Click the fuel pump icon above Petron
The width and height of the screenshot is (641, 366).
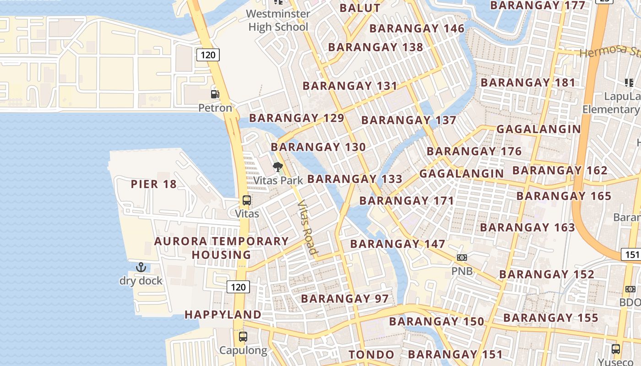pos(215,94)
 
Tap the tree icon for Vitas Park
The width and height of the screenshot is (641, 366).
pos(277,167)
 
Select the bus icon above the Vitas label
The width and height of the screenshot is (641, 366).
pos(247,200)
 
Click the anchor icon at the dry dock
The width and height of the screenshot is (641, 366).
pos(141,267)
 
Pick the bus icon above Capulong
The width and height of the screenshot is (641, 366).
pos(243,337)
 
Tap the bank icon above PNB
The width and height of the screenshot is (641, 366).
pos(462,258)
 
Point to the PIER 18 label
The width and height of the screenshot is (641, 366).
pos(153,184)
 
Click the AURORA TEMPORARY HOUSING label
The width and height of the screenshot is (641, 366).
pos(222,248)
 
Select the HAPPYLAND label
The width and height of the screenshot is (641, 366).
pos(223,315)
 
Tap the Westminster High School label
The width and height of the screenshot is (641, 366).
pos(278,21)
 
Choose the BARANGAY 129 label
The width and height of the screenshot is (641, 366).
pos(296,118)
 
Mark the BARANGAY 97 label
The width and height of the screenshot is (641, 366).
pos(344,299)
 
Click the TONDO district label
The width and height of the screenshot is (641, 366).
pos(371,355)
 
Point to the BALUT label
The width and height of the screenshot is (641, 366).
pos(360,8)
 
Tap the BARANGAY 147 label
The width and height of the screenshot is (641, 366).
pos(397,244)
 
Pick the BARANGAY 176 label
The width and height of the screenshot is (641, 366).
pos(474,151)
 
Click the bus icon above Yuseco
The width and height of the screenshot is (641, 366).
pos(616,349)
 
